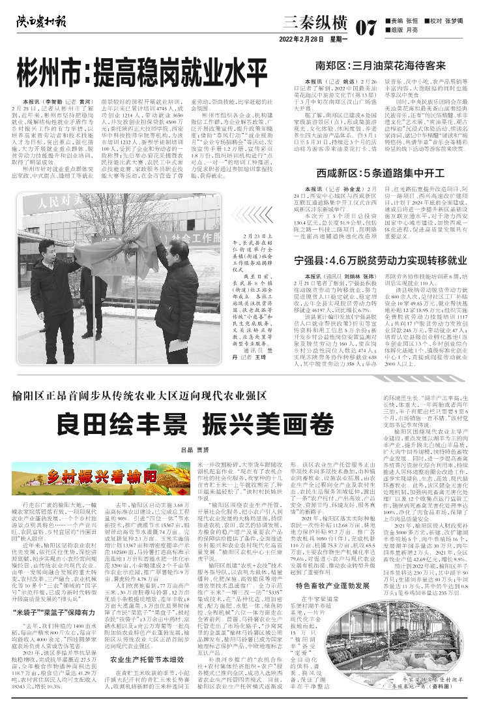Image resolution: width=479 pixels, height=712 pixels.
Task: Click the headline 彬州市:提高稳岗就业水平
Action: tap(143, 67)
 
